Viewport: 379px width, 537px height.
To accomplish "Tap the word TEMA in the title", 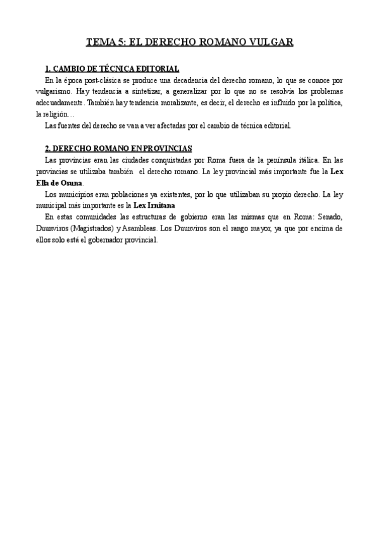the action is (100, 43).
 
